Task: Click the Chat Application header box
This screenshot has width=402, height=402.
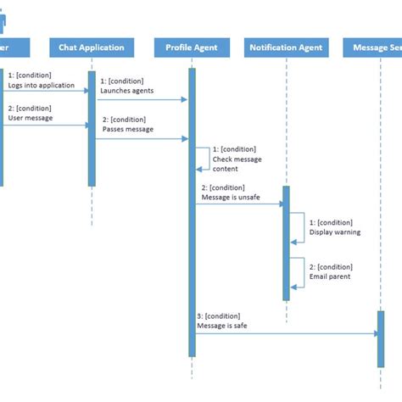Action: [x=92, y=47]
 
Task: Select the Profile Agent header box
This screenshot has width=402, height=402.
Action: [x=192, y=47]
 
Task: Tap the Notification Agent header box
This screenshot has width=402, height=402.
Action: [x=286, y=47]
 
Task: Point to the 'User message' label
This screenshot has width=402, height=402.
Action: [x=31, y=118]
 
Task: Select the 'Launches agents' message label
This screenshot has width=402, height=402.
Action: [x=128, y=90]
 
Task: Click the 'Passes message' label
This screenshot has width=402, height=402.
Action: [x=127, y=130]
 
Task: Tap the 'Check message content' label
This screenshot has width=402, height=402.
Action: [x=237, y=164]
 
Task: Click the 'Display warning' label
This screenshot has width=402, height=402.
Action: [x=335, y=232]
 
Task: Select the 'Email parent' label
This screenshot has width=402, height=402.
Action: [x=329, y=276]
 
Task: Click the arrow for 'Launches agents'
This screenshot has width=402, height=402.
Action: [x=141, y=99]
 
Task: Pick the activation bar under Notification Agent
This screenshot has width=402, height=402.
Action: [x=286, y=243]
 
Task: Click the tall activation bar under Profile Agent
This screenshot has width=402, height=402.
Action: [x=192, y=212]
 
